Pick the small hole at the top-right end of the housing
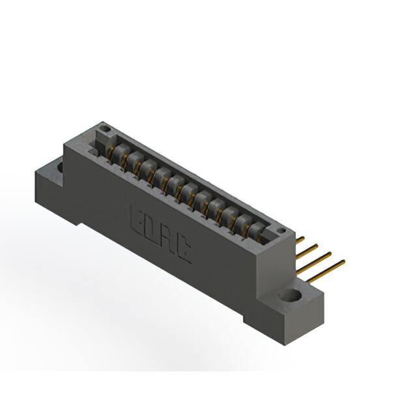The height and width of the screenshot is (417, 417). click(x=281, y=231)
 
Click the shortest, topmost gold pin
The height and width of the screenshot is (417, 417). click(x=300, y=239)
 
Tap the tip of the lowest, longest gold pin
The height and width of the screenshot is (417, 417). click(x=342, y=263)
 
